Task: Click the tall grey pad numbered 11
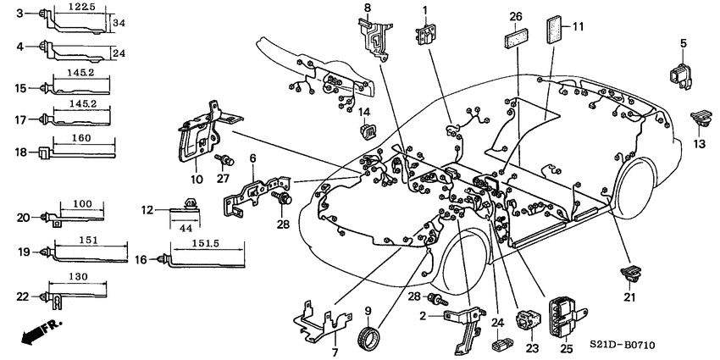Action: (x=555, y=31)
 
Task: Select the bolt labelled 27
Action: (x=226, y=160)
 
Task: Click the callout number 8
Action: (x=368, y=8)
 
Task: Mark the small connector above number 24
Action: (x=500, y=344)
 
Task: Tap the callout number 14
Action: (x=363, y=113)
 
